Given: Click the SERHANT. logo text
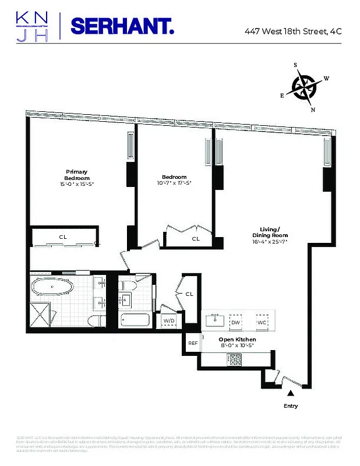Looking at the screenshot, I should pos(122,27).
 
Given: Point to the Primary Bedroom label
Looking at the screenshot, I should pos(76,175).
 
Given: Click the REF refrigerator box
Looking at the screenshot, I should pos(193,344).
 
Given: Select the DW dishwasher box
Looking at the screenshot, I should pos(236,322).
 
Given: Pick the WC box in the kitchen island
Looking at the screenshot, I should pos(262,322).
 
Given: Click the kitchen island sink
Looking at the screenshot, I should pos(215,320).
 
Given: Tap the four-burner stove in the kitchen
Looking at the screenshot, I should pos(235,360).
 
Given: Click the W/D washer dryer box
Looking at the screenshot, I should pos(169,321).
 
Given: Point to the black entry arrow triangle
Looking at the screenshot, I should pos(291,393).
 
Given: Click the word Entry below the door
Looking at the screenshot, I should pos(290,405).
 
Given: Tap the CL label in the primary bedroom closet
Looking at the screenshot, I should pos(62,237).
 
